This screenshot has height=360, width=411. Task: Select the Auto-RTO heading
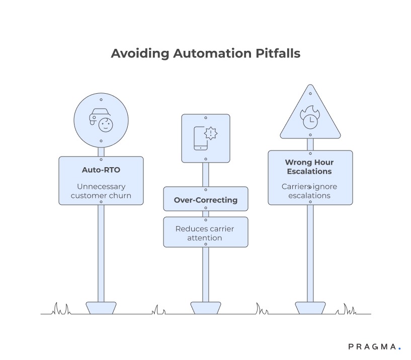point(101,170)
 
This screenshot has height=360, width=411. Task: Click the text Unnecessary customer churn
point(101,190)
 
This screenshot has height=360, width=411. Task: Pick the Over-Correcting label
point(206,200)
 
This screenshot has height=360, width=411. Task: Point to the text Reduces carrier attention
point(205,233)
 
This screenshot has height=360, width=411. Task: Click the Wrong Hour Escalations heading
point(309,167)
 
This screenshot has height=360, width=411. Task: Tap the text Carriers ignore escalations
point(309,191)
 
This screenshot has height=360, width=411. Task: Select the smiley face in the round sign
point(106,124)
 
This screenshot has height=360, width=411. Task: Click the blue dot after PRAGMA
point(399,348)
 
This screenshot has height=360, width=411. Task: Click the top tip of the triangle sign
point(310,86)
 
